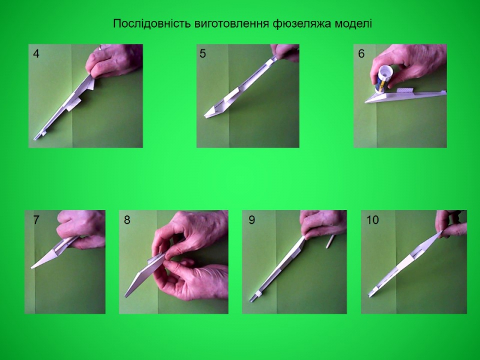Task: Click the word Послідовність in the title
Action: (x=152, y=23)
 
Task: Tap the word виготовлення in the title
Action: (x=232, y=23)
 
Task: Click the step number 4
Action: (x=36, y=54)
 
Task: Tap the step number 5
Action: (x=203, y=54)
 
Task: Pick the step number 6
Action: (x=361, y=54)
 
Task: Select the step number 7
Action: (x=36, y=220)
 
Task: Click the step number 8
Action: (x=127, y=220)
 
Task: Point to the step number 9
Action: (x=251, y=220)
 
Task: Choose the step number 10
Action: (x=373, y=220)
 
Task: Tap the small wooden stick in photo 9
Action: (x=330, y=242)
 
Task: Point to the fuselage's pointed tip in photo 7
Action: (x=32, y=268)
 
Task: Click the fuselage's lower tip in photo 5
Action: (x=205, y=116)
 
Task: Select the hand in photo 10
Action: (x=451, y=223)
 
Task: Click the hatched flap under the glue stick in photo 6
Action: (x=404, y=90)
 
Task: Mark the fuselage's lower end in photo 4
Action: (x=35, y=138)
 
